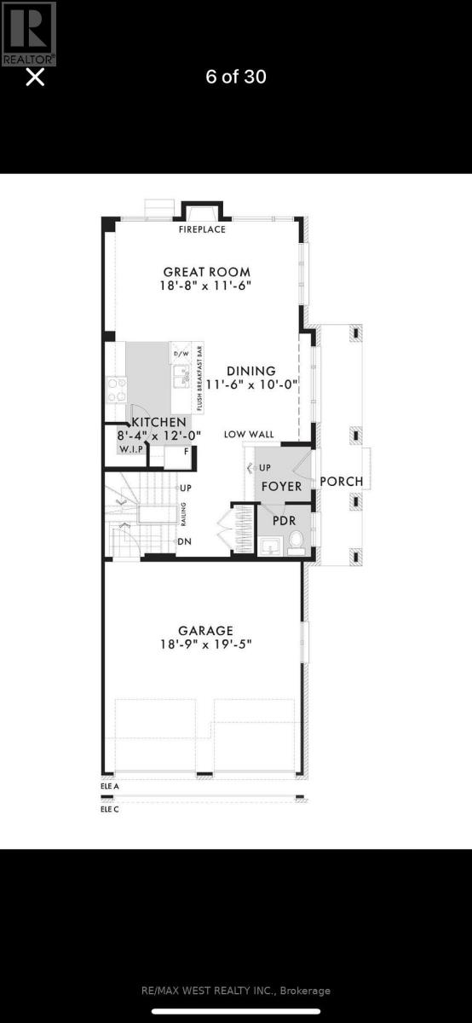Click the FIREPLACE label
point(202,230)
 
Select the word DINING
point(251,371)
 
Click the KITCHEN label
point(158,422)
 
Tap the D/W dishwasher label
point(181,354)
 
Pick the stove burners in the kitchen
point(115,389)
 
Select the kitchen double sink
point(181,375)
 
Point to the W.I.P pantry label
point(130,448)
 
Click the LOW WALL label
point(249,435)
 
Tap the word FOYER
point(281,487)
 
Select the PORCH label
point(341,482)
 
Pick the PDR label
point(283,520)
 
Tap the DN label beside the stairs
point(184,541)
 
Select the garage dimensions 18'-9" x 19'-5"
point(205,644)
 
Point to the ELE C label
point(110,809)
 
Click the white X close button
point(35,78)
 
